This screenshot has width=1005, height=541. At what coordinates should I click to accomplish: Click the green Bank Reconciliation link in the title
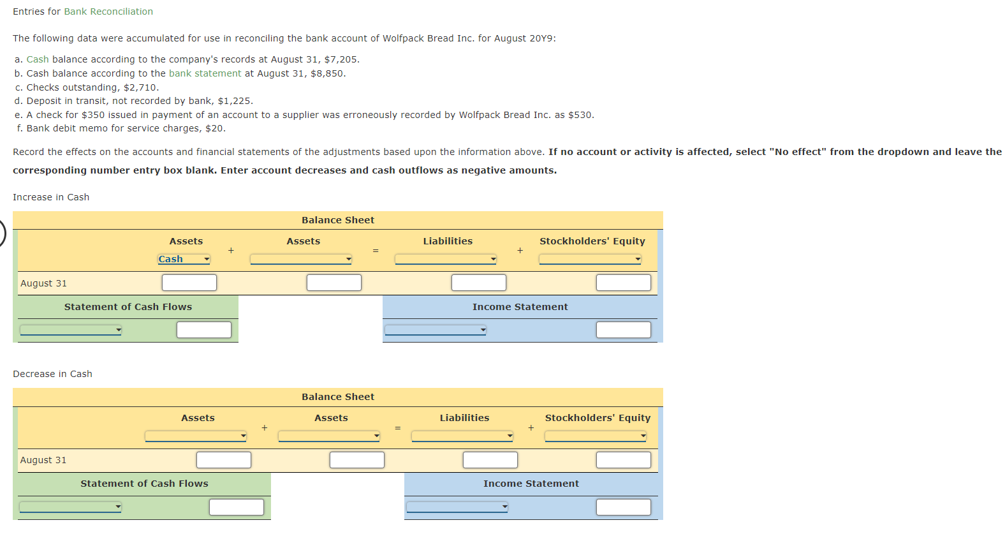pyautogui.click(x=108, y=11)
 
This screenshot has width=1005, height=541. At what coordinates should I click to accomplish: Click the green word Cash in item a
pyautogui.click(x=38, y=59)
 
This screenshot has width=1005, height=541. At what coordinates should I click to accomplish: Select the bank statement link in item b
pyautogui.click(x=205, y=73)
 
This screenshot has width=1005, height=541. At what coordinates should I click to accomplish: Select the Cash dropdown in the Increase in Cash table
pyautogui.click(x=184, y=259)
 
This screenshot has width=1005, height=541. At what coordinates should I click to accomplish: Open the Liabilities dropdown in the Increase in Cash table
pyautogui.click(x=445, y=259)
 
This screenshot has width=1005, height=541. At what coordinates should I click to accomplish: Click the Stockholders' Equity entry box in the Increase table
pyautogui.click(x=623, y=283)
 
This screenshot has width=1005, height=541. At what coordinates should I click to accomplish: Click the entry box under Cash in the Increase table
pyautogui.click(x=189, y=283)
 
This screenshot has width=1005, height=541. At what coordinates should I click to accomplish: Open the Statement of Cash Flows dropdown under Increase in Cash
pyautogui.click(x=70, y=330)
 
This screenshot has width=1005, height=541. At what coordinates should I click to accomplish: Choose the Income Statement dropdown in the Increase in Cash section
pyautogui.click(x=435, y=330)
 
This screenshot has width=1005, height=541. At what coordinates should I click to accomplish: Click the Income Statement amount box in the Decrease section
pyautogui.click(x=623, y=507)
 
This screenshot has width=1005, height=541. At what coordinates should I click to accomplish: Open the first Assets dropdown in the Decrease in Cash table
pyautogui.click(x=195, y=436)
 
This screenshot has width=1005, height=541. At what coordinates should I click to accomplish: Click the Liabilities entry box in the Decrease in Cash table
pyautogui.click(x=490, y=460)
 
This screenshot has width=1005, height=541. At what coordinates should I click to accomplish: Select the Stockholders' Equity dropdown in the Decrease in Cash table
pyautogui.click(x=595, y=436)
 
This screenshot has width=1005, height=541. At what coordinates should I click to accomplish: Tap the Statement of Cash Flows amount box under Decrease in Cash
pyautogui.click(x=236, y=507)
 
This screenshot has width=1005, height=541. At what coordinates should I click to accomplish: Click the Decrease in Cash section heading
pyautogui.click(x=52, y=374)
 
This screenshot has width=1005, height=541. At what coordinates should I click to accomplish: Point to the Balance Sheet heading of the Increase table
pyautogui.click(x=338, y=220)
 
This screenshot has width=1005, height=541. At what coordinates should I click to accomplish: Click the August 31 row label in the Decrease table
pyautogui.click(x=43, y=460)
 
